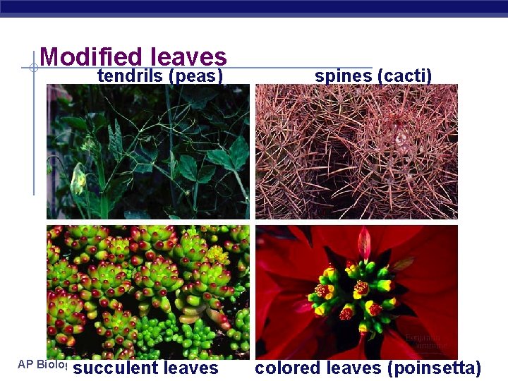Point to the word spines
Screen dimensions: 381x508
coord(344,75)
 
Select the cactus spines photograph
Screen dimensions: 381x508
coord(356,152)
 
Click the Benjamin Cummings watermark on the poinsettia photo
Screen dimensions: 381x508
coord(425,342)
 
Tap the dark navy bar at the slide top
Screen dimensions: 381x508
coord(254,7)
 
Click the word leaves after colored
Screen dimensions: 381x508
coord(350,368)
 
